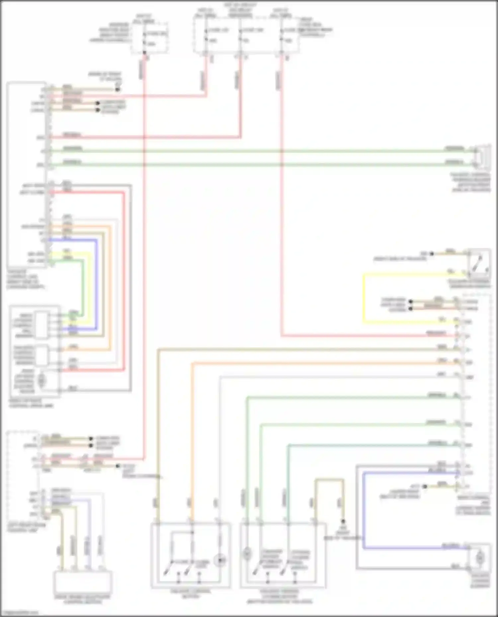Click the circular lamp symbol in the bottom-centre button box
pos(220,560)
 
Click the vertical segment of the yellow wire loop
pos(364,298)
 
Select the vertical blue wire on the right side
pos(364,511)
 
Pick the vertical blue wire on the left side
pos(97,285)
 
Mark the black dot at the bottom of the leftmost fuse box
pos(144,52)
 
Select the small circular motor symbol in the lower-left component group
pos(41,381)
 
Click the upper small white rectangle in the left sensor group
pos(42,325)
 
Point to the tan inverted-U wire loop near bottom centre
pos(329,480)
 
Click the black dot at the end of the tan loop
pos(343,522)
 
